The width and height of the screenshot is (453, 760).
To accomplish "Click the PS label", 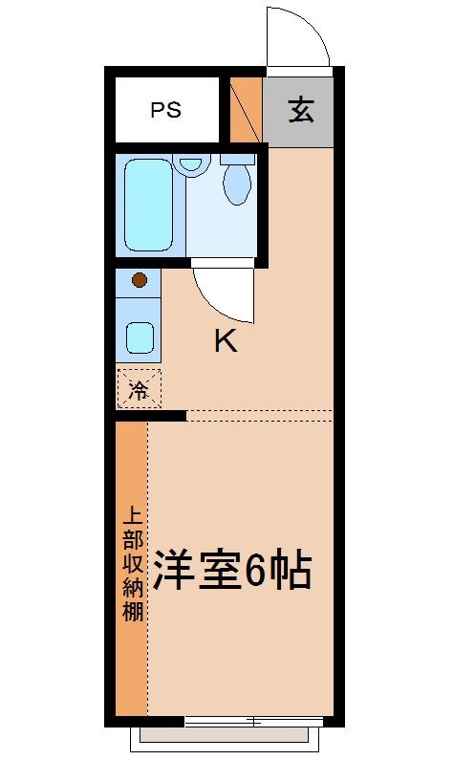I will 165,110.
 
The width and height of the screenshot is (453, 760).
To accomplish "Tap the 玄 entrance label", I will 300,111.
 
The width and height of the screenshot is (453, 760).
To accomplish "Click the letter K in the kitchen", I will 225,341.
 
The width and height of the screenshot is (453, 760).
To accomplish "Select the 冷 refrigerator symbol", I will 139,390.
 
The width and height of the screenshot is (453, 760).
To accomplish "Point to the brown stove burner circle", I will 140,280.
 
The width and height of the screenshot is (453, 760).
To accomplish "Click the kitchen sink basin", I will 140,337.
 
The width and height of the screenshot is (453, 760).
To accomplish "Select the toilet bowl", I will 237,181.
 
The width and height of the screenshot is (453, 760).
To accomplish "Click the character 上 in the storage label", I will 132,514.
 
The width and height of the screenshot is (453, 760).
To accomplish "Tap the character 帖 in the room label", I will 291,571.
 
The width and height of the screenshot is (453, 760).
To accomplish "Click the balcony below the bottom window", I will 226,735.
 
